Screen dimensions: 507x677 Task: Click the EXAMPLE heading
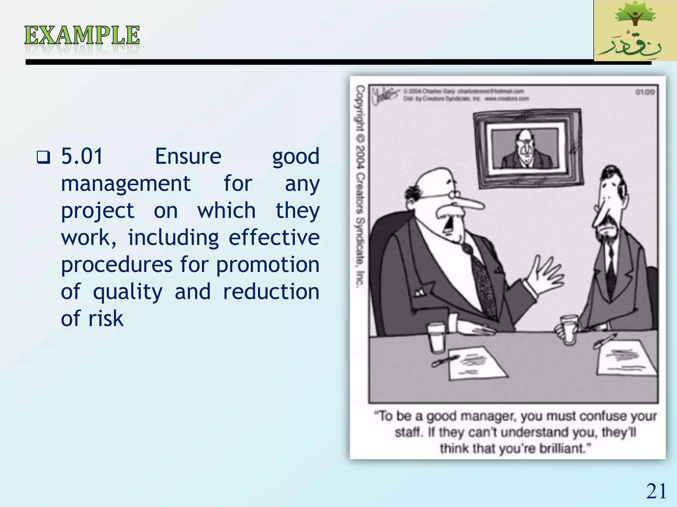coord(82,35)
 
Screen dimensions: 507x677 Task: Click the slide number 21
coord(656,491)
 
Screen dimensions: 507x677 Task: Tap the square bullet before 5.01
coord(43,157)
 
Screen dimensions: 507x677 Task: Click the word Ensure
coord(188,156)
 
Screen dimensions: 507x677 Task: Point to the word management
coord(126,184)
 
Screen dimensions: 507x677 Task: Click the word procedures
coord(117,265)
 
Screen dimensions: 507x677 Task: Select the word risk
coord(106,319)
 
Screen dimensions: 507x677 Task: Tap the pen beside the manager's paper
coord(445,361)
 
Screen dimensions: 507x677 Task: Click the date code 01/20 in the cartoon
coord(645,92)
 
